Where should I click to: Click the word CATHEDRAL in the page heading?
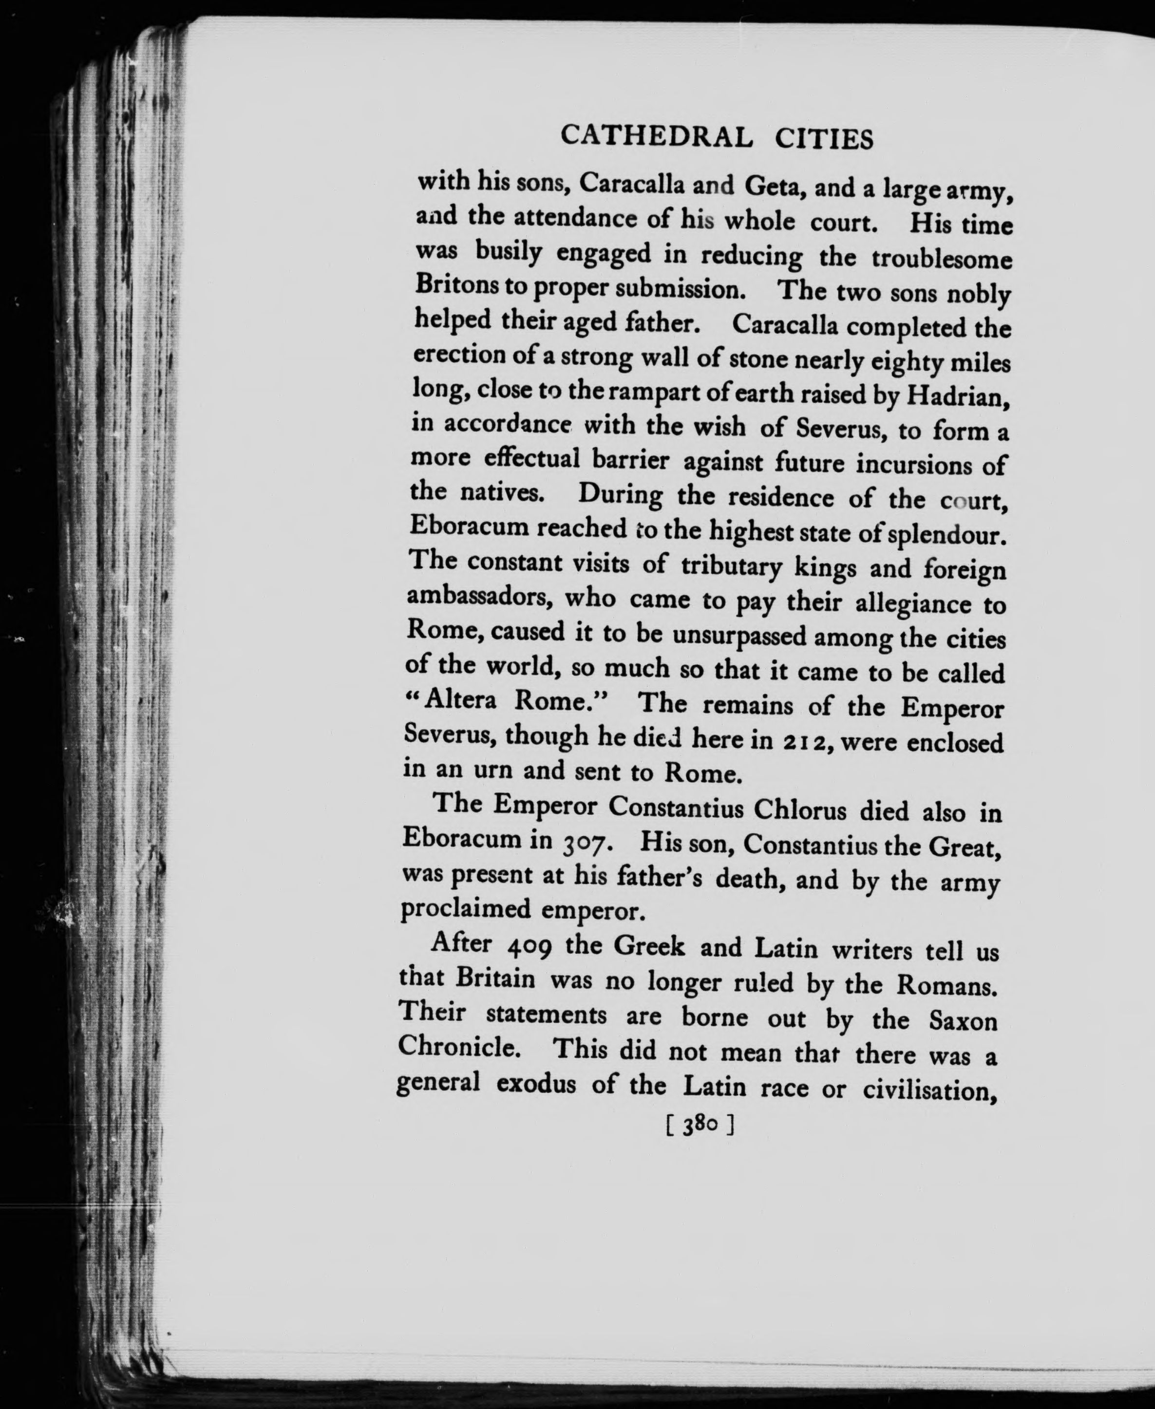tap(657, 136)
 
